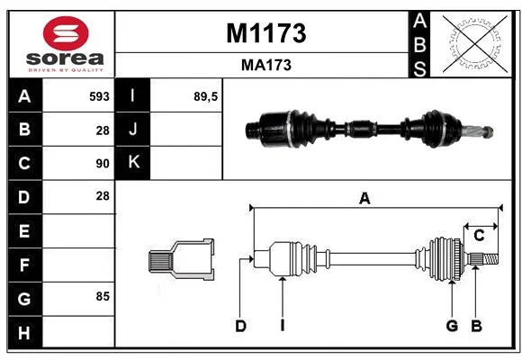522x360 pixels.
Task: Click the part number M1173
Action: tap(266, 33)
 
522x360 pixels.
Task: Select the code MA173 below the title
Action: tap(266, 66)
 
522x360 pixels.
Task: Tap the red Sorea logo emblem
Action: tap(66, 33)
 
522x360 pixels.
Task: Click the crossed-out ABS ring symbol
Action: tap(475, 43)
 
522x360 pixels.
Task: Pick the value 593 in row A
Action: tap(99, 96)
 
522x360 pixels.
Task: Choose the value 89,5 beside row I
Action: tap(205, 96)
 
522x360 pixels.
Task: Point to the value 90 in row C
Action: tap(103, 164)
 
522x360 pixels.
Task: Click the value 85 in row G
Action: tap(103, 296)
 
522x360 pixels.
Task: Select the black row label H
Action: tap(25, 332)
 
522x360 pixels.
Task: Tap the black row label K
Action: tap(133, 163)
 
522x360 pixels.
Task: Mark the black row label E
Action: tap(25, 230)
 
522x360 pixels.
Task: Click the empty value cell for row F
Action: tap(78, 265)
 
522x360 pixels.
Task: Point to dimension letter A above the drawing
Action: tap(364, 199)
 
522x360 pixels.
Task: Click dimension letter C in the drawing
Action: tap(479, 236)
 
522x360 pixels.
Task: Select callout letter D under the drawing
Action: tap(240, 326)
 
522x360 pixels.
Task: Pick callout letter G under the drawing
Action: tap(452, 326)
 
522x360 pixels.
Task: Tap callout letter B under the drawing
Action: tap(477, 326)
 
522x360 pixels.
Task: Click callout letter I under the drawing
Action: tap(283, 326)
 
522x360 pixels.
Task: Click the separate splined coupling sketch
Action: tap(182, 259)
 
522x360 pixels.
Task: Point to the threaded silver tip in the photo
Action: tap(478, 132)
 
